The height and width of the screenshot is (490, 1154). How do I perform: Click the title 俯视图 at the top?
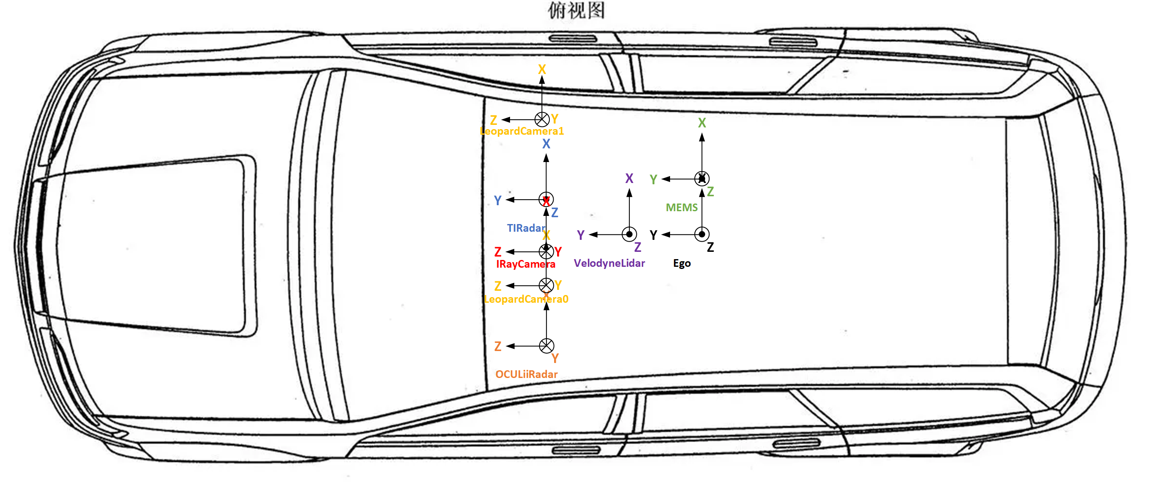coord(576,10)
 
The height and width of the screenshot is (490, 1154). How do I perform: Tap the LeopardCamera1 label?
coord(522,131)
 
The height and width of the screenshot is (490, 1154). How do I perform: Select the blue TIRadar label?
coord(526,228)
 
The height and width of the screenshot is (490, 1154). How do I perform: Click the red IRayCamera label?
coord(525,264)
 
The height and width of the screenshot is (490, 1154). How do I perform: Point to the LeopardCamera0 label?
coord(526,299)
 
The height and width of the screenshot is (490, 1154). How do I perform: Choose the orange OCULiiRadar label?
coord(526,374)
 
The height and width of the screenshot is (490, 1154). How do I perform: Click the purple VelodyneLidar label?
coord(609,263)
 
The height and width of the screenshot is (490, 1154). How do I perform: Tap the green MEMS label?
coord(681,208)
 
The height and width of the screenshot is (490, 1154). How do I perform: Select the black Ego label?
coord(682,263)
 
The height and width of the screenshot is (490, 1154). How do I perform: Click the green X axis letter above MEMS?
coord(702,123)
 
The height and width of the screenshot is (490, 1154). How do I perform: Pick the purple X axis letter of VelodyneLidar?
coord(629,179)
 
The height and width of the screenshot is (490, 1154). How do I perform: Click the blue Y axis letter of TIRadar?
coord(497,200)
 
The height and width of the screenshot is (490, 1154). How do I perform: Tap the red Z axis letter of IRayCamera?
coord(498,252)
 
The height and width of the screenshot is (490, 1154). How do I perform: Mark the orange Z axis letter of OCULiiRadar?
coord(498,346)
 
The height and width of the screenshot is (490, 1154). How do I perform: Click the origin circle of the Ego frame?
coord(702,234)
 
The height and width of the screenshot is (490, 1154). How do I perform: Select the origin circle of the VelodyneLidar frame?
coord(629,234)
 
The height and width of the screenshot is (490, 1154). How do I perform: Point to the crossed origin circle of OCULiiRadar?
coord(546,345)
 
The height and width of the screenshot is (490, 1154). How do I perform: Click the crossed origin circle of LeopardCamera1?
coord(542,119)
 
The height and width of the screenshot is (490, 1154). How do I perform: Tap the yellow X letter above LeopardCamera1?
coord(542,69)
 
